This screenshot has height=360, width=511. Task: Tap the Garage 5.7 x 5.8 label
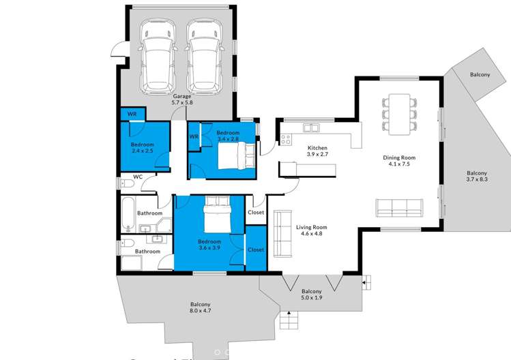pyautogui.click(x=182, y=100)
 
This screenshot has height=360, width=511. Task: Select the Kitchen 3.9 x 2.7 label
pyautogui.click(x=318, y=151)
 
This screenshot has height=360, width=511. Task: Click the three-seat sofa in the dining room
pyautogui.click(x=400, y=207)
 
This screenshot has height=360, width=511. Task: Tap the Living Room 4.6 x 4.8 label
pyautogui.click(x=311, y=230)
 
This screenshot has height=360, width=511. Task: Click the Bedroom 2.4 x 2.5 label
pyautogui.click(x=143, y=148)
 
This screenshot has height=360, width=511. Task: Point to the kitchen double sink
pyautogui.click(x=311, y=127)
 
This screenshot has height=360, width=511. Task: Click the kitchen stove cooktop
pyautogui.click(x=285, y=140)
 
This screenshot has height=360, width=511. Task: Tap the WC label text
pyautogui.click(x=138, y=177)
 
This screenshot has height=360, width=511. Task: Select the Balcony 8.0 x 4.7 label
pyautogui.click(x=200, y=308)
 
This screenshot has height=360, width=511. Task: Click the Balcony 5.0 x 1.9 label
pyautogui.click(x=312, y=294)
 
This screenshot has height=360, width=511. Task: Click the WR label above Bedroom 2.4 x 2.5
pyautogui.click(x=132, y=114)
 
